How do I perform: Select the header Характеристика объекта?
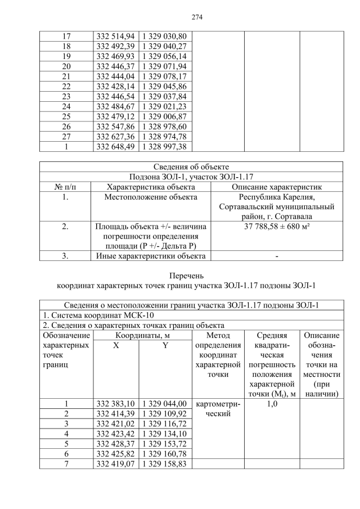[x=151, y=186]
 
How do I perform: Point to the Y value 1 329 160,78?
[x=165, y=453]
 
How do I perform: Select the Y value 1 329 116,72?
[x=165, y=424]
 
